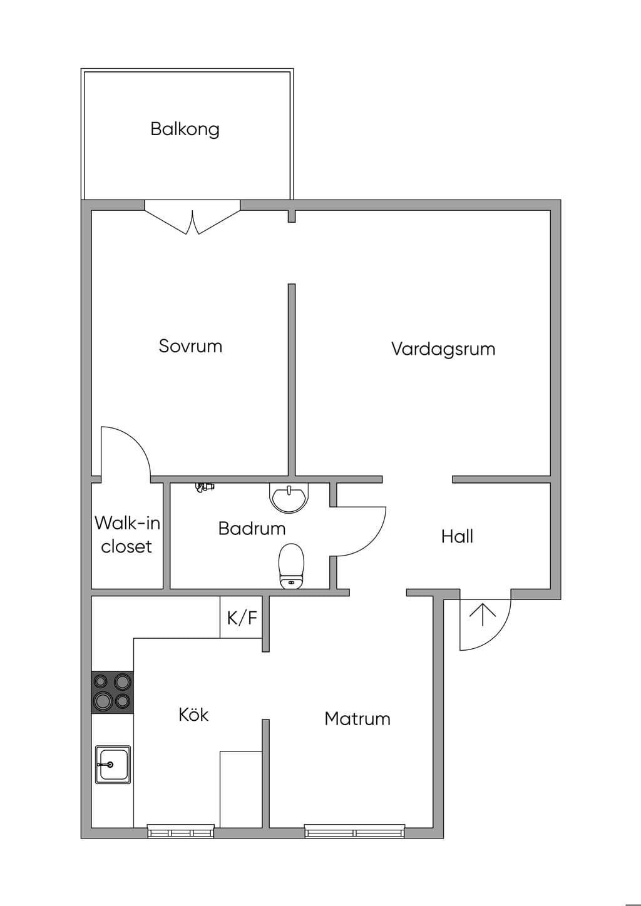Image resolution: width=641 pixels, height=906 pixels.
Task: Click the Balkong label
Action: (185, 130)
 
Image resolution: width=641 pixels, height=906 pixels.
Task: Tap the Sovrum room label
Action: (190, 346)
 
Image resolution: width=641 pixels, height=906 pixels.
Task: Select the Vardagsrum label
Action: (443, 349)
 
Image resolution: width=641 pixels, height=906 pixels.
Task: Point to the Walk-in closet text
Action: (127, 535)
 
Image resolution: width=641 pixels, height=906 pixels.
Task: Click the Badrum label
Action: (252, 528)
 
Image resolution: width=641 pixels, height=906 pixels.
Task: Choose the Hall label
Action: (458, 536)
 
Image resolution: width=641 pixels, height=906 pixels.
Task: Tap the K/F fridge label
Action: (242, 618)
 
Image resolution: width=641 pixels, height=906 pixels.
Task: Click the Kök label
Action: (193, 715)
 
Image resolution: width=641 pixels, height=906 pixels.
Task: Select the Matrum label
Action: (357, 719)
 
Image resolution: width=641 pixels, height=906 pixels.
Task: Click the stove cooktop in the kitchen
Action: (113, 692)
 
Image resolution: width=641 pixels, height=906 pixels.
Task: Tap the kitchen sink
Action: (113, 765)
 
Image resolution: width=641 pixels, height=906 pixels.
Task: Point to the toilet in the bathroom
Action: (291, 566)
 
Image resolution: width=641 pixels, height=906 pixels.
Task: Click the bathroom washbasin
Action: (289, 498)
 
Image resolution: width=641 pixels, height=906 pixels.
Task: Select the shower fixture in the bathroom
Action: (204, 487)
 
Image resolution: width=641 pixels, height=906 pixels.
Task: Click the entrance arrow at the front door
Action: (483, 614)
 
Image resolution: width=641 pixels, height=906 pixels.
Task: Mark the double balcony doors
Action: (192, 217)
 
